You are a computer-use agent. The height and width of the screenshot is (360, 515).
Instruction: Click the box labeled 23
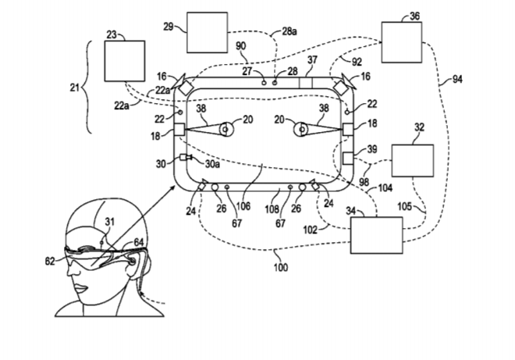[x=125, y=60]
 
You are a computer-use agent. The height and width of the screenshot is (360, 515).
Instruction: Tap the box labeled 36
[x=401, y=42]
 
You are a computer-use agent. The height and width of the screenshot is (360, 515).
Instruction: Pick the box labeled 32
[x=411, y=161]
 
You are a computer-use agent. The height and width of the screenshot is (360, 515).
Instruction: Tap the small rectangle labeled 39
[x=350, y=159]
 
